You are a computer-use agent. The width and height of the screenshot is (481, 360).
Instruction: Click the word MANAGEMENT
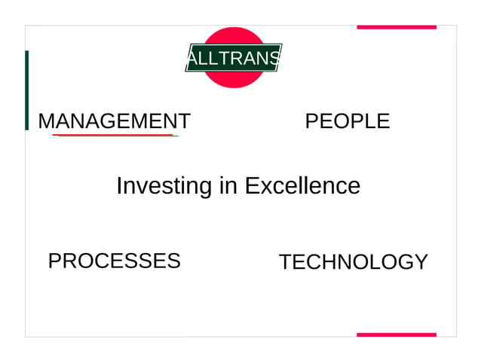pos(114,121)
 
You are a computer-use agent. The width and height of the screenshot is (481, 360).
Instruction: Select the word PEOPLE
pos(347,121)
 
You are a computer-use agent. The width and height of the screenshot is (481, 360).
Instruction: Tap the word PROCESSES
pos(114,261)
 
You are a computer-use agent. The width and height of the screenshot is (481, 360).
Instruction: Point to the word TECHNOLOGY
pos(353,262)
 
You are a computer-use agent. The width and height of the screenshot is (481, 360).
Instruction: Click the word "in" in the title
pos(228,185)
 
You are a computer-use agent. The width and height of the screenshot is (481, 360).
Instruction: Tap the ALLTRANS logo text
pos(234,58)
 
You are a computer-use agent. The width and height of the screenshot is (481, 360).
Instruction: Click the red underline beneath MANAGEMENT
pos(114,136)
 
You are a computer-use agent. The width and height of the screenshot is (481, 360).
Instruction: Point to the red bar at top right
pos(396,27)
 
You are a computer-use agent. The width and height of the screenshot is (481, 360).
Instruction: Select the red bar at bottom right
pos(396,334)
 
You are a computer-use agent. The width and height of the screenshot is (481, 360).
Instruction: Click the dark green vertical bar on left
pos(27,90)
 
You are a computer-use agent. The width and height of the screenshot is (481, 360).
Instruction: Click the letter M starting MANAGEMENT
pos(45,121)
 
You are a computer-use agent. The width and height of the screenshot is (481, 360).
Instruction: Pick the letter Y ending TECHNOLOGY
pos(421,262)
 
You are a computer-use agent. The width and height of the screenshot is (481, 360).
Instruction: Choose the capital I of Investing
pos(119,185)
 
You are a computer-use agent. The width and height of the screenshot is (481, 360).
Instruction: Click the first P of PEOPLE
pos(311,121)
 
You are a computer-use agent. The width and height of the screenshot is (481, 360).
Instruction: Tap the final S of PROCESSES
pos(174,261)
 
